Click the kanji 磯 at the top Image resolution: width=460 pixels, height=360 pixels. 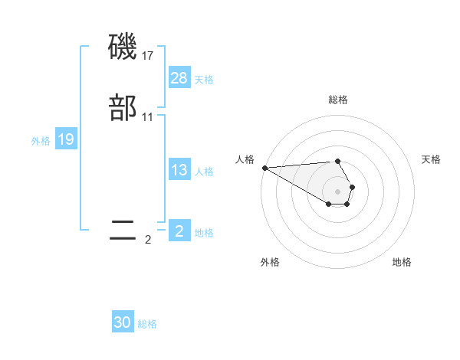[123, 48]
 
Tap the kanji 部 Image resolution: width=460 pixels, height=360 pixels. [123, 109]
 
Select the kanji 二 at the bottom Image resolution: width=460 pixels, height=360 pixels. [123, 231]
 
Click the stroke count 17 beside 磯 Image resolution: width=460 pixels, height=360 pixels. [149, 56]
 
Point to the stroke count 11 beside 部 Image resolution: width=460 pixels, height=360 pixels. [149, 117]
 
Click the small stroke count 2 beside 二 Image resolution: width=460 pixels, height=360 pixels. [148, 240]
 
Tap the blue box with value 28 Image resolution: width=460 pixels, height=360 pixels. [179, 78]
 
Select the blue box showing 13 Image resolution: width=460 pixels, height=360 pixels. [179, 170]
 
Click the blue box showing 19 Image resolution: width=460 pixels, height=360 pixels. [66, 139]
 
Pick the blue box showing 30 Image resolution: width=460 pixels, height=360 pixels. [123, 322]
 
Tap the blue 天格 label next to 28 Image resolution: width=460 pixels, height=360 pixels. [204, 80]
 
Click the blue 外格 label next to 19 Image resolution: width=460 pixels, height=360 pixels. [41, 141]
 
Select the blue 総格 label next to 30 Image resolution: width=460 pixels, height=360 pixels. [147, 324]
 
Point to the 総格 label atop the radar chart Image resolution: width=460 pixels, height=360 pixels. [338, 100]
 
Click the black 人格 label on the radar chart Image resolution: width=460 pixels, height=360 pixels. [245, 159]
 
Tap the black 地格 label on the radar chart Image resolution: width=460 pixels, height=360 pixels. [402, 262]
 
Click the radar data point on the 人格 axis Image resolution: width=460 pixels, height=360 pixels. [264, 168]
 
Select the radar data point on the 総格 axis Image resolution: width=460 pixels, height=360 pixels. [337, 162]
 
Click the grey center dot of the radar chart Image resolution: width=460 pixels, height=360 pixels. [337, 191]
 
